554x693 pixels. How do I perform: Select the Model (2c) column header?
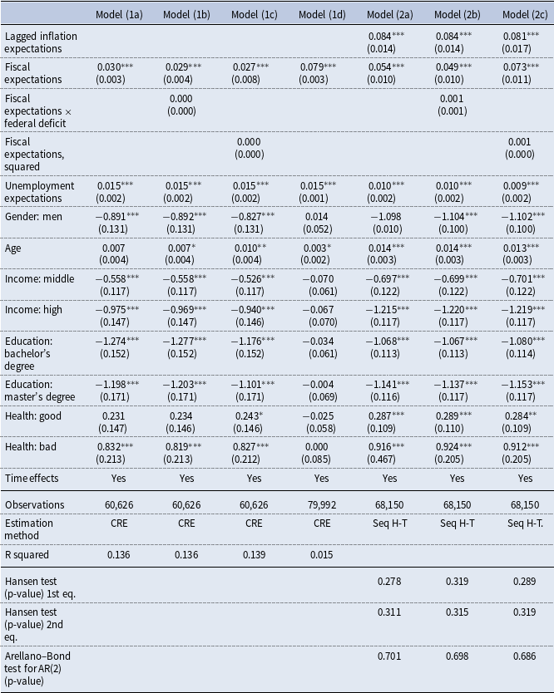pyautogui.click(x=525, y=13)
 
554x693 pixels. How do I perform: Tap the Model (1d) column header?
pyautogui.click(x=322, y=13)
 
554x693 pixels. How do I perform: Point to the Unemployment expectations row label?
pyautogui.click(x=39, y=192)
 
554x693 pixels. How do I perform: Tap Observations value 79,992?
pyautogui.click(x=322, y=504)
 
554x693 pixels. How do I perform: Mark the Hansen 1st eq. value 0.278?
pyautogui.click(x=389, y=579)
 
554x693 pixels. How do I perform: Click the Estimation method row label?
pyautogui.click(x=29, y=528)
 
